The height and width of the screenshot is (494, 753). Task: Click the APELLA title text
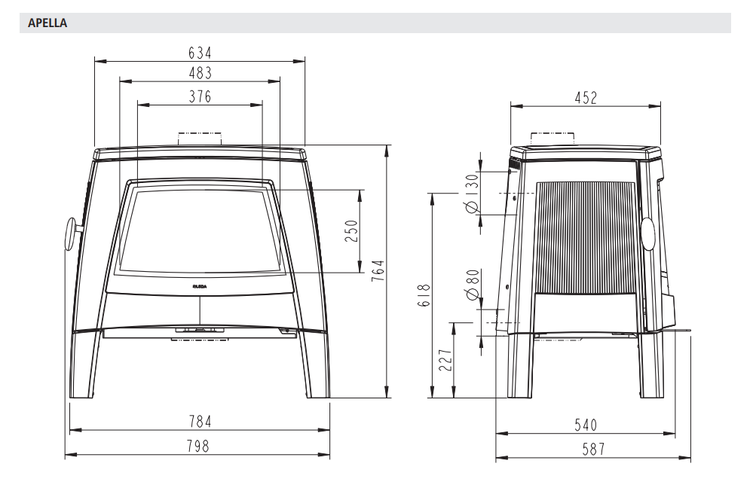click(47, 23)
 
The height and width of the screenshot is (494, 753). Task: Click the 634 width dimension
click(200, 53)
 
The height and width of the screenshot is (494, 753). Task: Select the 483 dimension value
click(200, 73)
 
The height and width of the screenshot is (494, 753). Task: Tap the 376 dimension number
click(200, 96)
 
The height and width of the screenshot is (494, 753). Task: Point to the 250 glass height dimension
click(352, 230)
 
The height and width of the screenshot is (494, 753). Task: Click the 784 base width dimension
click(200, 422)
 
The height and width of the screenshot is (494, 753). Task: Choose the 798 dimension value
click(197, 446)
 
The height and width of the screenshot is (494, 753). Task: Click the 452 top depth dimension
click(586, 98)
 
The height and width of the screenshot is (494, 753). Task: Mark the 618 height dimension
click(424, 295)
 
